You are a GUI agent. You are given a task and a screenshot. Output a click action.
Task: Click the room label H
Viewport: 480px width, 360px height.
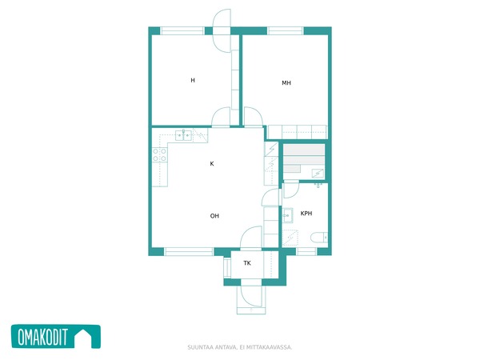click(193, 81)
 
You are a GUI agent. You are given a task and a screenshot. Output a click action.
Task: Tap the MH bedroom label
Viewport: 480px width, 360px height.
click(286, 83)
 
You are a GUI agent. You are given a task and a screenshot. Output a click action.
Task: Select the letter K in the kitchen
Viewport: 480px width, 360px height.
click(212, 164)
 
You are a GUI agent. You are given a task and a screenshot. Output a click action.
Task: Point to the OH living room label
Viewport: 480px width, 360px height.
click(214, 216)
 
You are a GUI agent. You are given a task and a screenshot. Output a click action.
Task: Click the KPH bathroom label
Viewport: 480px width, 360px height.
click(306, 214)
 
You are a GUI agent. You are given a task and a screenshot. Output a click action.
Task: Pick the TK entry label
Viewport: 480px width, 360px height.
click(247, 263)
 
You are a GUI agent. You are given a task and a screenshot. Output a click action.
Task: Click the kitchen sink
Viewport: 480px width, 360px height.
click(183, 135)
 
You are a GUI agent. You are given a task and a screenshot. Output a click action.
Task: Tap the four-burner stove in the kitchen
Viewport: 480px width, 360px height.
click(159, 155)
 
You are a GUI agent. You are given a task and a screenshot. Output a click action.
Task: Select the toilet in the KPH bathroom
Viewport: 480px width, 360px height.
click(319, 238)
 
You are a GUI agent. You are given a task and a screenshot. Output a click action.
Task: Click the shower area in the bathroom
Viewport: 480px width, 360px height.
click(290, 238)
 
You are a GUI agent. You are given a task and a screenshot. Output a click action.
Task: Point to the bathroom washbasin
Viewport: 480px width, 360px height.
click(287, 216)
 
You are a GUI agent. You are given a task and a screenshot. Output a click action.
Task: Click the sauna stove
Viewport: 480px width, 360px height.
click(318, 174)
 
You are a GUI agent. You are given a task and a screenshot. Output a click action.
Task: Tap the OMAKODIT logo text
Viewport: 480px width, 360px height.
click(42, 337)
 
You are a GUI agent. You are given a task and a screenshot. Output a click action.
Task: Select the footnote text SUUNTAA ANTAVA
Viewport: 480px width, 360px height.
click(211, 347)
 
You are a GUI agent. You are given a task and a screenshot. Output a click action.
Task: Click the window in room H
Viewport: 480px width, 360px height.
click(182, 30)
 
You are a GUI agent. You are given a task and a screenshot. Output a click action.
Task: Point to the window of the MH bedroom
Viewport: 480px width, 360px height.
click(286, 30)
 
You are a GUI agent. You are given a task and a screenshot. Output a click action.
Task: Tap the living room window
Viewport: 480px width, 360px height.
click(189, 252)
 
